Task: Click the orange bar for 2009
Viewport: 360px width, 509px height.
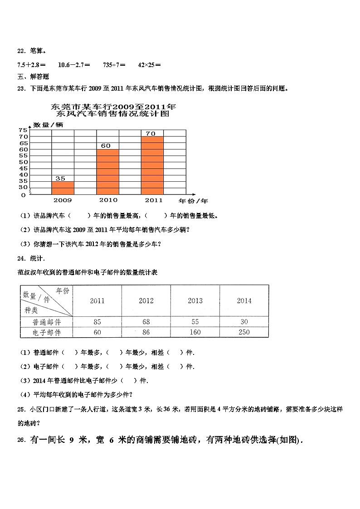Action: pyautogui.click(x=63, y=188)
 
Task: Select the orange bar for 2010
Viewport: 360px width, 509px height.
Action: pyautogui.click(x=108, y=172)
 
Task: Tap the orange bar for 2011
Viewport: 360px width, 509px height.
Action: pyautogui.click(x=152, y=165)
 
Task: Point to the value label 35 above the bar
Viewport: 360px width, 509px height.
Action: pyautogui.click(x=60, y=179)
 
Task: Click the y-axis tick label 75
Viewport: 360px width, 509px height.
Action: pyautogui.click(x=23, y=131)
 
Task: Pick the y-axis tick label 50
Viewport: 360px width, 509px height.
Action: pyautogui.click(x=23, y=162)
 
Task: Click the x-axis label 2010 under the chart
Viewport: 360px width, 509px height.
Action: pyautogui.click(x=107, y=200)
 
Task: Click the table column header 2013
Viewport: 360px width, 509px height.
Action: pyautogui.click(x=195, y=301)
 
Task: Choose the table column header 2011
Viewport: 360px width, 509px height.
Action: pyautogui.click(x=97, y=301)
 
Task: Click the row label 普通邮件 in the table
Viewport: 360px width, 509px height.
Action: pyautogui.click(x=46, y=322)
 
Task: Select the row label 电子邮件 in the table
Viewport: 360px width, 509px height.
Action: pyautogui.click(x=46, y=333)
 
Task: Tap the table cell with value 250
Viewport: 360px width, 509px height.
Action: pyautogui.click(x=244, y=333)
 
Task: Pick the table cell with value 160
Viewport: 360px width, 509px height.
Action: pyautogui.click(x=195, y=333)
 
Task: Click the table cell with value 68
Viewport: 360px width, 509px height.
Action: pyautogui.click(x=146, y=322)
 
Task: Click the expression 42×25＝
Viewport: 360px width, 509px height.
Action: pyautogui.click(x=149, y=65)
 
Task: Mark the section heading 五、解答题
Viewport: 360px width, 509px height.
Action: pyautogui.click(x=33, y=77)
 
